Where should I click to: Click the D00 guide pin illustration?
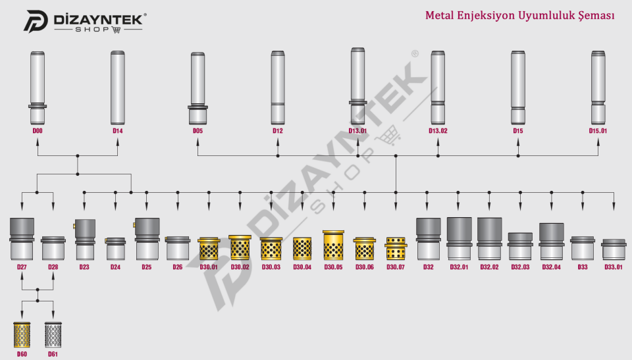tap(38, 88)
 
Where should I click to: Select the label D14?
tap(117, 131)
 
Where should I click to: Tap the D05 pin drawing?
tap(197, 88)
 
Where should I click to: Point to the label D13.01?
tap(358, 131)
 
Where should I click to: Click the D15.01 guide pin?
tap(598, 88)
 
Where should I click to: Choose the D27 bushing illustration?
tap(22, 239)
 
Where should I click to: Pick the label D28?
tap(53, 267)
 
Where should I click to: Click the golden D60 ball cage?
tap(22, 334)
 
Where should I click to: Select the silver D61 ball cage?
tap(53, 334)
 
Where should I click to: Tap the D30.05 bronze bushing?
tap(333, 245)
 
